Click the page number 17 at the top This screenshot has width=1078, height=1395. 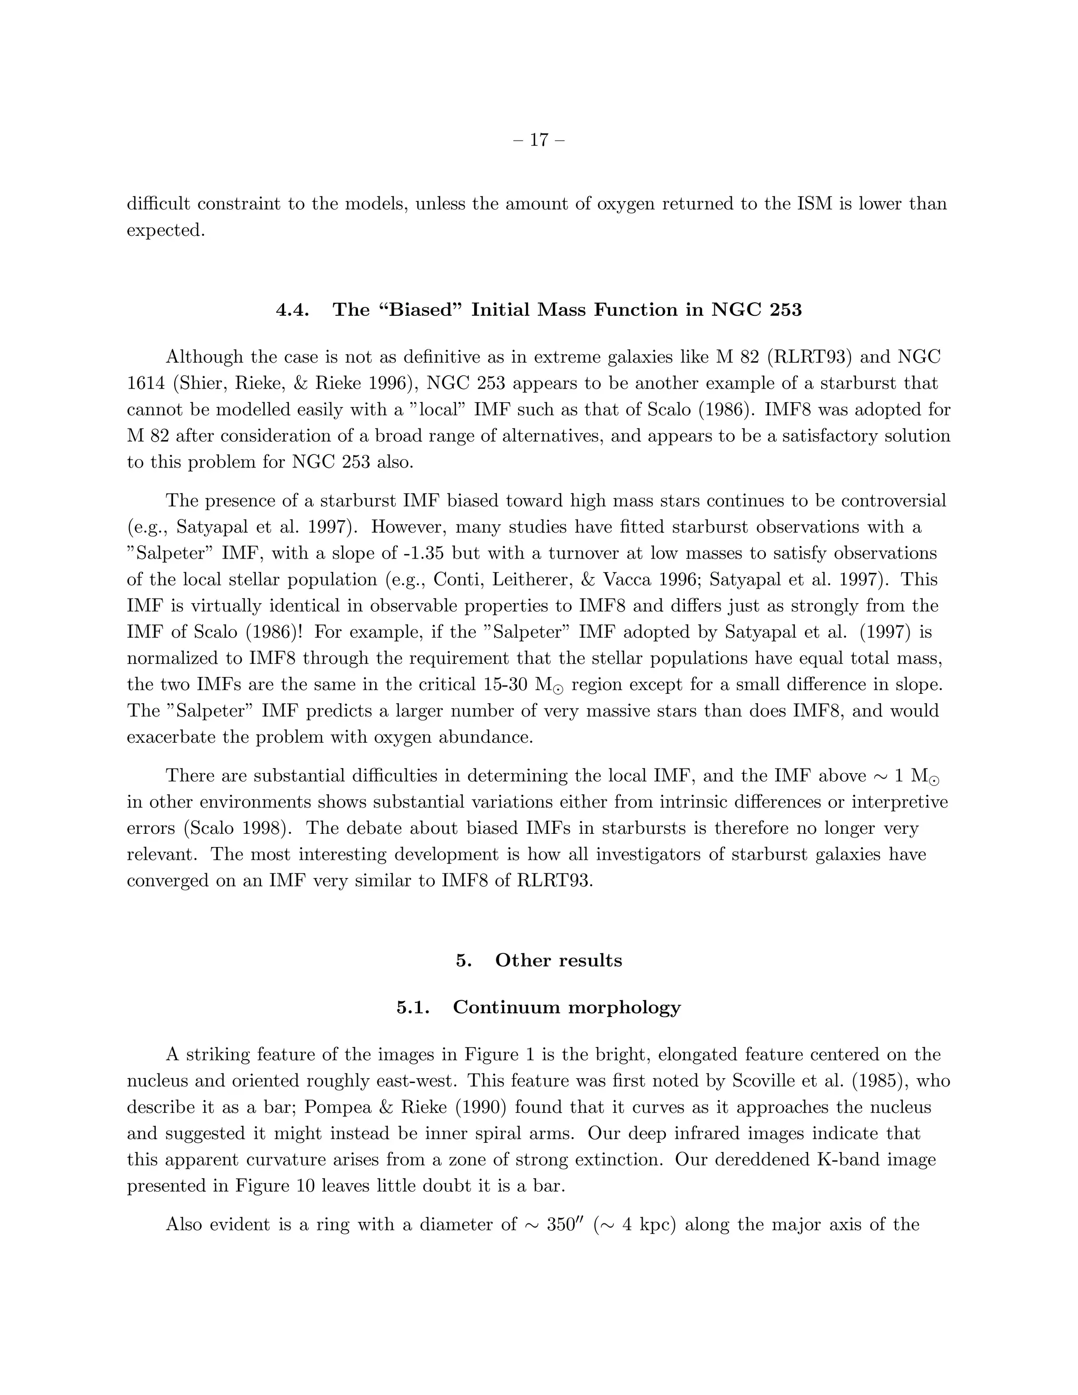tap(539, 140)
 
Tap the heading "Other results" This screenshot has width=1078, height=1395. tap(558, 961)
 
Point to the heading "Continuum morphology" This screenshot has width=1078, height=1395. tap(566, 1007)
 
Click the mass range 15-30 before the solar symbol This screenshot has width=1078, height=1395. tap(504, 684)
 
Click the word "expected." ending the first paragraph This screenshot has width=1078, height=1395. tap(166, 231)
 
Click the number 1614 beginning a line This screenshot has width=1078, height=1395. tap(146, 384)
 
